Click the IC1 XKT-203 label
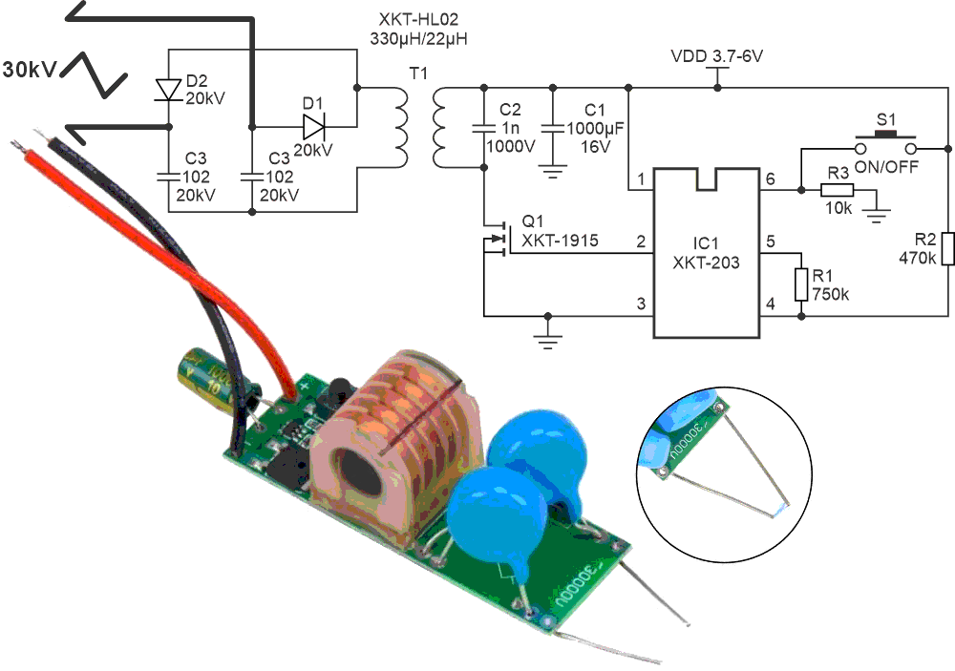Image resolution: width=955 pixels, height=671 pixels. pyautogui.click(x=706, y=250)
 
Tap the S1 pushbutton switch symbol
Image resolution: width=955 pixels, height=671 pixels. pyautogui.click(x=885, y=144)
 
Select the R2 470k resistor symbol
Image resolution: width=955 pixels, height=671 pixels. pyautogui.click(x=947, y=248)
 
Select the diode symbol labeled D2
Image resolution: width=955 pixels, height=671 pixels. pyautogui.click(x=168, y=89)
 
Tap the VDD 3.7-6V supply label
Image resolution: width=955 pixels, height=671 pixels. pyautogui.click(x=716, y=57)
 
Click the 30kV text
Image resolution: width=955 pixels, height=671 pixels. pyautogui.click(x=29, y=71)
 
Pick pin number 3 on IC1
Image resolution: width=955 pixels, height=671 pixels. pyautogui.click(x=642, y=304)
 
